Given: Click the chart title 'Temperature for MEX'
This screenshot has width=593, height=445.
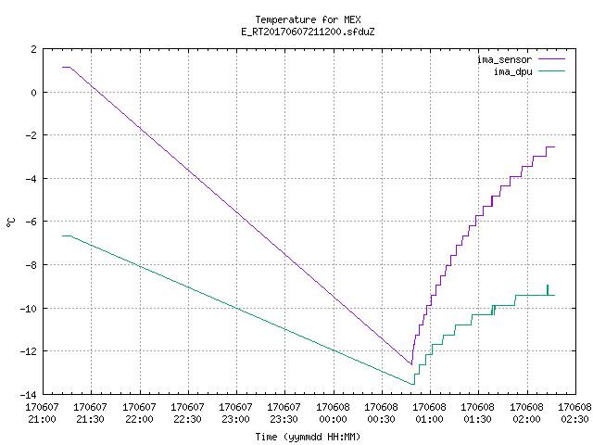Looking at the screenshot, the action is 308,19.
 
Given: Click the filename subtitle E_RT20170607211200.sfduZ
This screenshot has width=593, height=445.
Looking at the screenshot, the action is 308,32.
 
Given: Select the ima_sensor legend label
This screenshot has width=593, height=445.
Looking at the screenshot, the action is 504,59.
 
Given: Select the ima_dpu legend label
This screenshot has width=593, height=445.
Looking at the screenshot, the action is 512,71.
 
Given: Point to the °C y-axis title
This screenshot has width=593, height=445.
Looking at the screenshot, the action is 10,222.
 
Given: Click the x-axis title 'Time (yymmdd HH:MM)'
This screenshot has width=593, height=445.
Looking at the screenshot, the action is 308,437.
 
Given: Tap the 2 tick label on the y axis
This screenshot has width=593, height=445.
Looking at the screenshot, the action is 34,49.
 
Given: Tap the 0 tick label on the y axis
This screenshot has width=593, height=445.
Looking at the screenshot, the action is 34,93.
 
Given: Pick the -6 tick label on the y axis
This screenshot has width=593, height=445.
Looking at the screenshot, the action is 31,222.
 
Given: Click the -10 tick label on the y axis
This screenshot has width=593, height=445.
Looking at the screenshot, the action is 29,309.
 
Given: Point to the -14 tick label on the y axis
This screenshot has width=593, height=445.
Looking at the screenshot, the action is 29,395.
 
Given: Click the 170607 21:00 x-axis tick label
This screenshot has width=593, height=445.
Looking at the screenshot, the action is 42,413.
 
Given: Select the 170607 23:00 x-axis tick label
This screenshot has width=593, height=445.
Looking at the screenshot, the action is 235,413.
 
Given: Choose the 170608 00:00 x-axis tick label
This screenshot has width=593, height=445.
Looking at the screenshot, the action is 333,413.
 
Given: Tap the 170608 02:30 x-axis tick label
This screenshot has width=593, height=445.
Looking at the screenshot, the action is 574,413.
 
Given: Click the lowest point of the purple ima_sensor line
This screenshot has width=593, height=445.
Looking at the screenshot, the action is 411,364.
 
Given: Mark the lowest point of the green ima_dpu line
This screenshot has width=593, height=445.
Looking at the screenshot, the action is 412,385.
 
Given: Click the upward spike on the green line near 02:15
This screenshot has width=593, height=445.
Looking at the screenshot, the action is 548,290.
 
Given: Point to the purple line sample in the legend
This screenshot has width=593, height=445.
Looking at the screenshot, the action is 551,59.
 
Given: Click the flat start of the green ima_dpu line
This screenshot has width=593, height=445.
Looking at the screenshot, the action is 66,235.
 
